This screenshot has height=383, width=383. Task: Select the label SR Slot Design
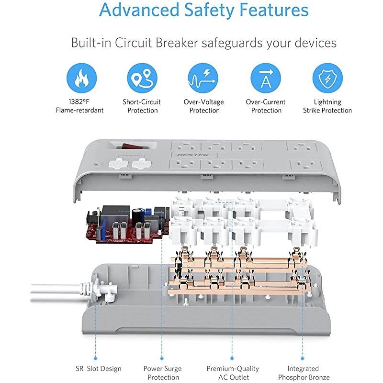[x=98, y=369]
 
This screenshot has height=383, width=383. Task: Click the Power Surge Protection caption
[x=162, y=373]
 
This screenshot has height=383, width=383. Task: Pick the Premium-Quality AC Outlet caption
[x=232, y=373]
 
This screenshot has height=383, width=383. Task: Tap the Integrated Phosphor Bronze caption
[x=303, y=373]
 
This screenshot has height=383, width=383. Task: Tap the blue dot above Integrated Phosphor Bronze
[x=303, y=356]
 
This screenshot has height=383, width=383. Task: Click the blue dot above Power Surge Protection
[x=162, y=356]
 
